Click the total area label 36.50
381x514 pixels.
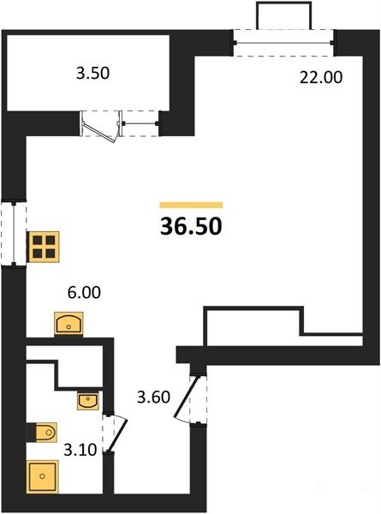[x=191, y=226]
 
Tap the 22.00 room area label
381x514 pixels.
[x=321, y=77]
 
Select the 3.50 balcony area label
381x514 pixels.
[x=92, y=73]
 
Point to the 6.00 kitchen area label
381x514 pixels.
[x=84, y=292]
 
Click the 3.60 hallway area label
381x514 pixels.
[x=153, y=397]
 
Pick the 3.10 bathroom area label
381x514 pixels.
[x=80, y=450]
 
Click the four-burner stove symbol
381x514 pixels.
[x=44, y=247]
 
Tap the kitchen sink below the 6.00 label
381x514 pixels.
[x=68, y=324]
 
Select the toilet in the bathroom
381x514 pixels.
[x=46, y=433]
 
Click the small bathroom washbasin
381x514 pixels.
[x=88, y=401]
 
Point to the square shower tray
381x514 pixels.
[x=43, y=476]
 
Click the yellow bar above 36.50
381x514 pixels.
[x=191, y=206]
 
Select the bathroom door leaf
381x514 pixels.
[x=117, y=434]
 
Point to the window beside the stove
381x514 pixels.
[x=14, y=234]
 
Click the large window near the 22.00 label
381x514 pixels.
[x=283, y=43]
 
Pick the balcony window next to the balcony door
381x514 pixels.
[x=140, y=123]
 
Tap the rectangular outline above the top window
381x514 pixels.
[x=283, y=15]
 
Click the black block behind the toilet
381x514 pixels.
[x=31, y=433]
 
